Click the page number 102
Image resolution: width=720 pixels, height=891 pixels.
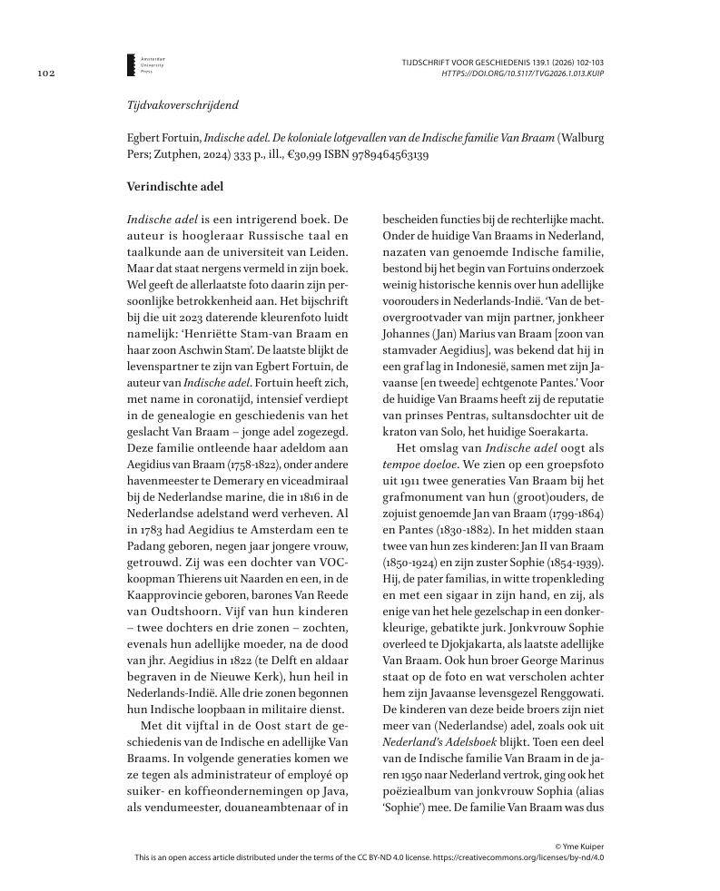pos(47,73)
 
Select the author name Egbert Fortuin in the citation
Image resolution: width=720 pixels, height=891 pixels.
pos(163,139)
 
